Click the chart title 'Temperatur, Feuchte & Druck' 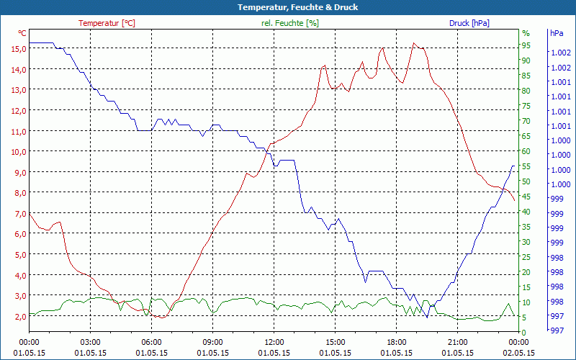tap(287, 7)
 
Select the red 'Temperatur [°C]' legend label tap(107, 23)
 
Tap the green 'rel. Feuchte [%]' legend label tap(289, 23)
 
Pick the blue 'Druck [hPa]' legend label tap(469, 23)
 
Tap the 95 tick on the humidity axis tap(526, 45)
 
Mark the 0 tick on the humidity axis tap(524, 332)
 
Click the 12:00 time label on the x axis tap(274, 342)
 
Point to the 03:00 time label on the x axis tap(90, 342)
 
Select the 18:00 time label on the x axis tap(397, 342)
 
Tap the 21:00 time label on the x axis tap(458, 342)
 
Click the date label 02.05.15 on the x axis tap(519, 353)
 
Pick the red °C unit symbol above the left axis tap(22, 33)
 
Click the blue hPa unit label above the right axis tap(556, 33)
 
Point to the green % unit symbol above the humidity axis tap(526, 33)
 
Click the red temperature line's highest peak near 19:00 tap(413, 43)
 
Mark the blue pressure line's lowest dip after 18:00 tap(427, 317)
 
